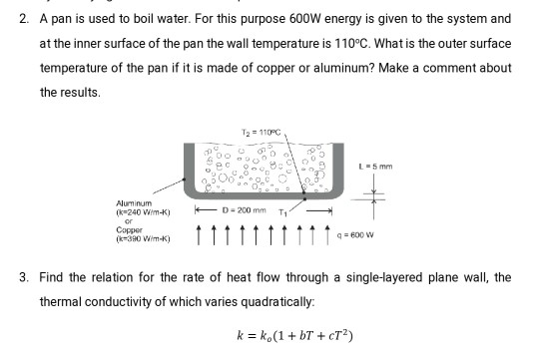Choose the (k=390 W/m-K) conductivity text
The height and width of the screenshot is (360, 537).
pyautogui.click(x=144, y=239)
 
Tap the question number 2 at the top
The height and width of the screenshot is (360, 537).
pyautogui.click(x=24, y=19)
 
